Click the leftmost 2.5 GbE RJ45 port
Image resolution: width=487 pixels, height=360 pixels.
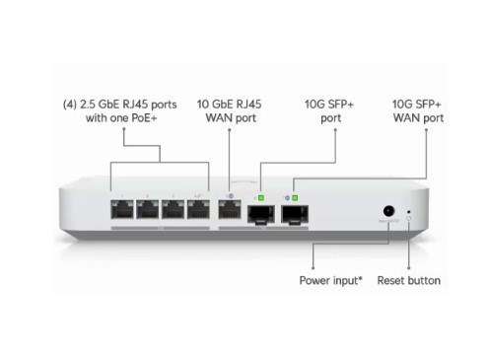tap(124, 209)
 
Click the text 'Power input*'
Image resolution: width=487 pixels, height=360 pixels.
tap(331, 280)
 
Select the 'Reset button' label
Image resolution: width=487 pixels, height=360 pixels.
tap(410, 280)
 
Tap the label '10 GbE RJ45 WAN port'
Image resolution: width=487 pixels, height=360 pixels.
tap(231, 109)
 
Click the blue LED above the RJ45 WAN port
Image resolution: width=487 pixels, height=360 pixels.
tap(230, 184)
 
